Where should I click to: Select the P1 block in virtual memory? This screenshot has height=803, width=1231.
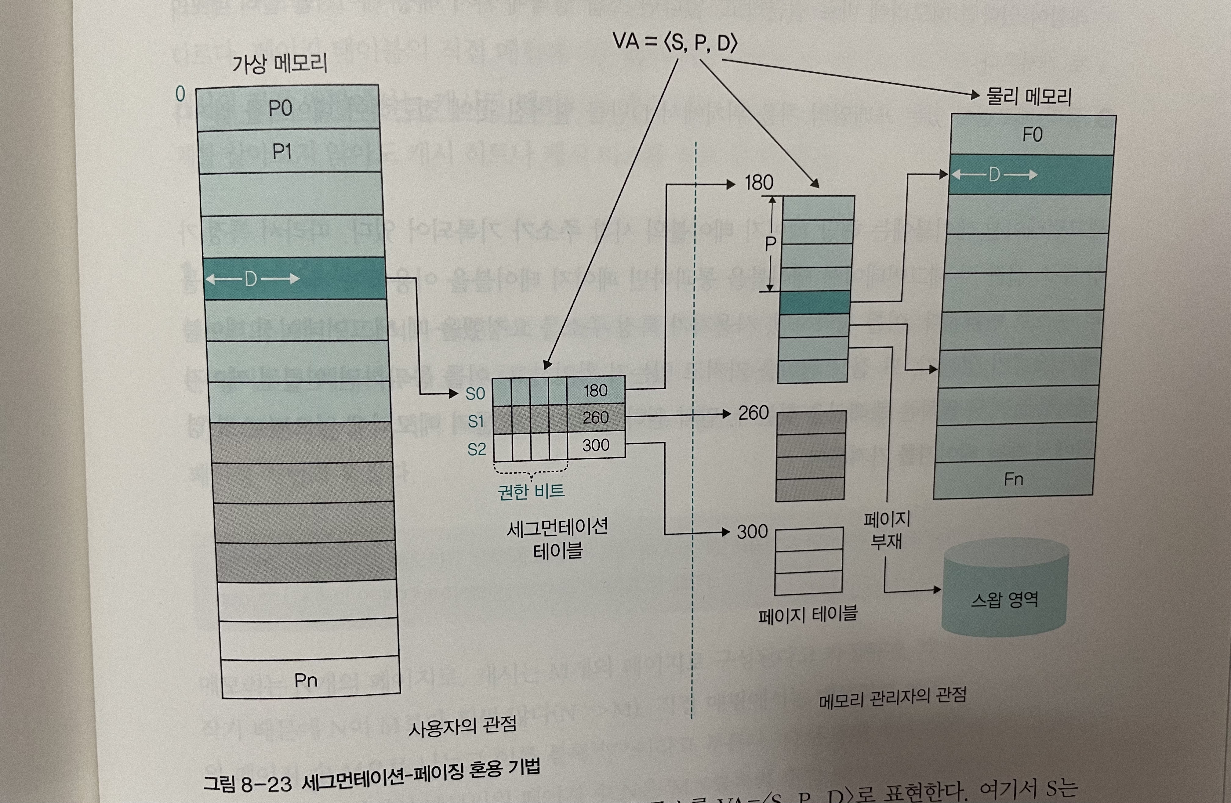pyautogui.click(x=290, y=151)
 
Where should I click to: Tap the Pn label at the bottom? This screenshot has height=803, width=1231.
pyautogui.click(x=305, y=680)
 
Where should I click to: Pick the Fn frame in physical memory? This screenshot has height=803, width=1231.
pyautogui.click(x=1013, y=479)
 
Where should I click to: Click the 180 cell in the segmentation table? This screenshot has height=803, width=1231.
pyautogui.click(x=595, y=390)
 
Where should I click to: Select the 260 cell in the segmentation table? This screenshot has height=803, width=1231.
pyautogui.click(x=595, y=418)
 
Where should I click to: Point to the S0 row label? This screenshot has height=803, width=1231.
pyautogui.click(x=475, y=394)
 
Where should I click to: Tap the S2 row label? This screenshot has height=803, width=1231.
pyautogui.click(x=476, y=449)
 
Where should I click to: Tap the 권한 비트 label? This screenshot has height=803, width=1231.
pyautogui.click(x=531, y=491)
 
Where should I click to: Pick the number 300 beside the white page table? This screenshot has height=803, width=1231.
pyautogui.click(x=752, y=532)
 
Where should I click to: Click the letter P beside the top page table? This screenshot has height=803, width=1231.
pyautogui.click(x=770, y=243)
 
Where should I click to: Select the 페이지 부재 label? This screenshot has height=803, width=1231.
pyautogui.click(x=887, y=530)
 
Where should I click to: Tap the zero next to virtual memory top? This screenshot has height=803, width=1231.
pyautogui.click(x=180, y=94)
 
